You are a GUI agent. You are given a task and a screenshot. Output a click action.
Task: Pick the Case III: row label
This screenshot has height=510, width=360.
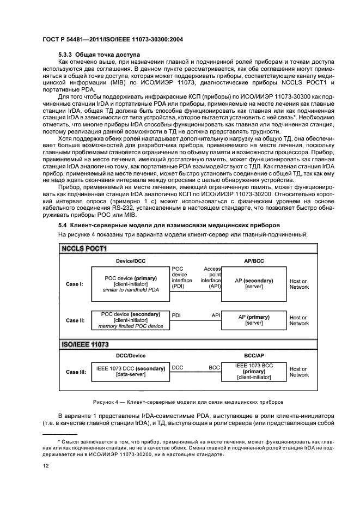click(76, 373)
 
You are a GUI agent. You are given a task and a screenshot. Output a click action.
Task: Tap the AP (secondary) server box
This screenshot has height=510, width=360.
click(254, 283)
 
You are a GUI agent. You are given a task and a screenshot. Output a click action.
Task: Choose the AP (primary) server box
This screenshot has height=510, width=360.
click(254, 320)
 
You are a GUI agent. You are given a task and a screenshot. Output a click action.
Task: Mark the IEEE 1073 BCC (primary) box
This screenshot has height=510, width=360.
click(254, 372)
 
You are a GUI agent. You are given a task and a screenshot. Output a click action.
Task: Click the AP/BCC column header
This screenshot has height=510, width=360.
click(254, 260)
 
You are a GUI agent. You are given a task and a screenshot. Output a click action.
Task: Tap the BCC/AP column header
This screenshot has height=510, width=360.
click(254, 355)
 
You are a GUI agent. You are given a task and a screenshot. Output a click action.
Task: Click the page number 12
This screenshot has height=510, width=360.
click(46, 466)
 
